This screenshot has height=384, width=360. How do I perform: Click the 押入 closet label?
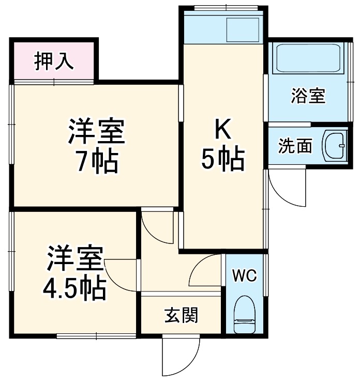pyautogui.click(x=54, y=61)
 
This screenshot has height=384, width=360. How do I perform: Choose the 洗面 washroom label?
pyautogui.click(x=295, y=146)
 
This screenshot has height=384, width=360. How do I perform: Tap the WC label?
pyautogui.click(x=244, y=275)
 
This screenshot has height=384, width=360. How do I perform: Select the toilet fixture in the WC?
pyautogui.click(x=244, y=316)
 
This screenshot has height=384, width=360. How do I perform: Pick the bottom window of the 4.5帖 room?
pyautogui.click(x=96, y=336)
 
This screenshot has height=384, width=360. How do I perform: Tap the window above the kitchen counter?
pyautogui.click(x=225, y=8)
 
